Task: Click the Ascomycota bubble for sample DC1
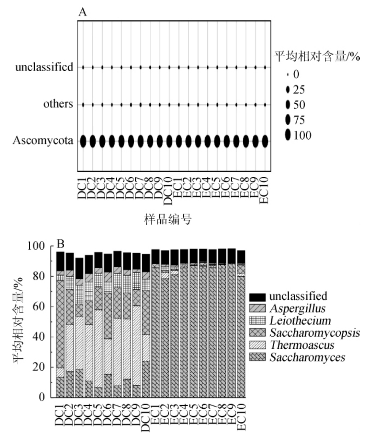coord(83,141)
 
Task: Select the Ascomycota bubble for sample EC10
coord(265,141)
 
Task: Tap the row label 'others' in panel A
coord(58,104)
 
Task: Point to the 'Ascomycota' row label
coord(43,141)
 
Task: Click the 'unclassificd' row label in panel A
coord(44,67)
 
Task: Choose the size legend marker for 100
coord(288,135)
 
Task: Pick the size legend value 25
coord(299,90)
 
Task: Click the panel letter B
coord(62,243)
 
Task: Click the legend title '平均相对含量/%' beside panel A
coord(317,57)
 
